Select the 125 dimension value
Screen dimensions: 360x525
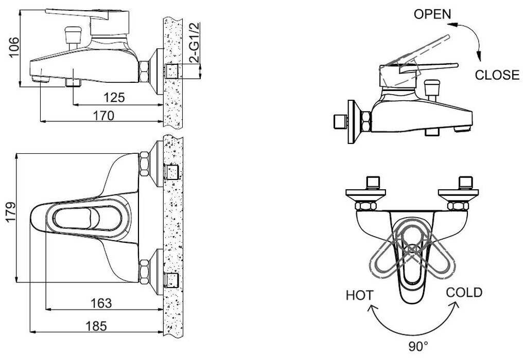click(114, 98)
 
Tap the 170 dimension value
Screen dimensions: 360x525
click(103, 115)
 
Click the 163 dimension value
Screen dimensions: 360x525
click(101, 303)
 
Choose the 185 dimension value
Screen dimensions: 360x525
click(96, 326)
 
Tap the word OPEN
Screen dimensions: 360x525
click(432, 14)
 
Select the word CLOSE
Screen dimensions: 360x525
click(497, 75)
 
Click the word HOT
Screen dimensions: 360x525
click(359, 295)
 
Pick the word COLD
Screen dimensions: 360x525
click(464, 293)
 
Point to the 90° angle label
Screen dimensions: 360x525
click(418, 346)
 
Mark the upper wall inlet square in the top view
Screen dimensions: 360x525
click(172, 171)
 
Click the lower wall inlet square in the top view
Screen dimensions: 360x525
click(172, 279)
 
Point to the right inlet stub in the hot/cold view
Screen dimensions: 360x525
click(465, 183)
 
